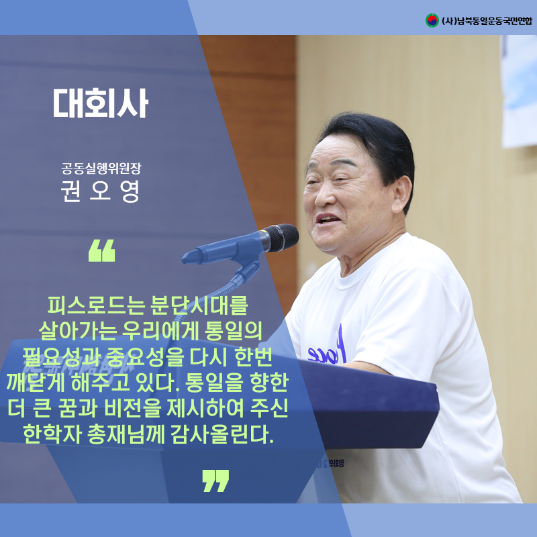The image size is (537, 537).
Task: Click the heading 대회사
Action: pyautogui.click(x=101, y=103)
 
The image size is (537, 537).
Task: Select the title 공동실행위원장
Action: pyautogui.click(x=101, y=168)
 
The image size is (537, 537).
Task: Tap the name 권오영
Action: pyautogui.click(x=101, y=191)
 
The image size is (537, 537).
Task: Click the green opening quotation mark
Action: pyautogui.click(x=102, y=250)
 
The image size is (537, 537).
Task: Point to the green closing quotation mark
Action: pyautogui.click(x=215, y=481)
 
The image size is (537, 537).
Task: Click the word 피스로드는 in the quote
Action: pyautogui.click(x=96, y=305)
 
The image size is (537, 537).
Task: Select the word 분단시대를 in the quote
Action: pyautogui.click(x=199, y=305)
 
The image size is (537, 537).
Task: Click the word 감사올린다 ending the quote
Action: pyautogui.click(x=222, y=434)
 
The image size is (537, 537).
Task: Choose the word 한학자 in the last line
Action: pyautogui.click(x=52, y=434)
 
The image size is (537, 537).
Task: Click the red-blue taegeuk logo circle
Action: pyautogui.click(x=432, y=21)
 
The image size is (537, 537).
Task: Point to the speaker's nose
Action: pyautogui.click(x=323, y=195)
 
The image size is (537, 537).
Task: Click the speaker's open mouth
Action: pyautogui.click(x=327, y=220)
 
